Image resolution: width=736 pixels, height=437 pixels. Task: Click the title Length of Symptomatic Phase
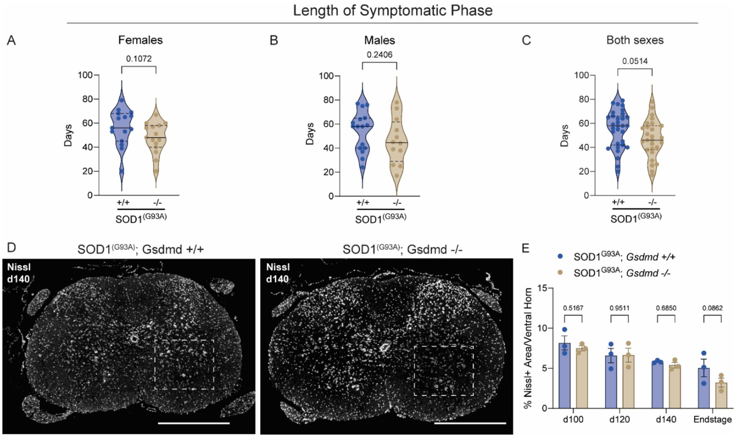[x=393, y=10]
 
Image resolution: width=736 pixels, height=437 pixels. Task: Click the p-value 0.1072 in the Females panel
[x=139, y=59]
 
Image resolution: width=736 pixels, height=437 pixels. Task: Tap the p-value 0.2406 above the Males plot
[x=380, y=55]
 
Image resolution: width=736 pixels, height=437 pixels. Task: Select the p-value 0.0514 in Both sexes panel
[x=635, y=61]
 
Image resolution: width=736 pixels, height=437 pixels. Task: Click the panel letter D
[x=12, y=248]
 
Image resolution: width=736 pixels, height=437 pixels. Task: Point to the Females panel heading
[x=140, y=40]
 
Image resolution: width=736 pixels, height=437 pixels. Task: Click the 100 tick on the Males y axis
[x=326, y=76]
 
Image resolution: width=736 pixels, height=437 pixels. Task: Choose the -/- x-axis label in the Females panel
[x=157, y=202]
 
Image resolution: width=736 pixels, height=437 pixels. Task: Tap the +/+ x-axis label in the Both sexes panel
[x=618, y=202]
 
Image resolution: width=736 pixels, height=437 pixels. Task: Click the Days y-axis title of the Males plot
[x=310, y=134]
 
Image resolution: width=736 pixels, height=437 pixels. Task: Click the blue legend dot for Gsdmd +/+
[x=560, y=256]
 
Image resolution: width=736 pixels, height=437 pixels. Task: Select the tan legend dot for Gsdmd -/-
[x=560, y=272]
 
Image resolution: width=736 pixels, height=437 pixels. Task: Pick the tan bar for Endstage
[x=721, y=395]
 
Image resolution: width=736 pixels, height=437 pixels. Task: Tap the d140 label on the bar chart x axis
[x=666, y=420]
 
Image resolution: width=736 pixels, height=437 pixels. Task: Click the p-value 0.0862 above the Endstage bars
[x=713, y=308]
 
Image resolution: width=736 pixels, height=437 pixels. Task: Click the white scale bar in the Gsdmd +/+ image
[x=194, y=423]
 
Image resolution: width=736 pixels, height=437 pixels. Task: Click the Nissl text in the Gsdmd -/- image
[x=278, y=267]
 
